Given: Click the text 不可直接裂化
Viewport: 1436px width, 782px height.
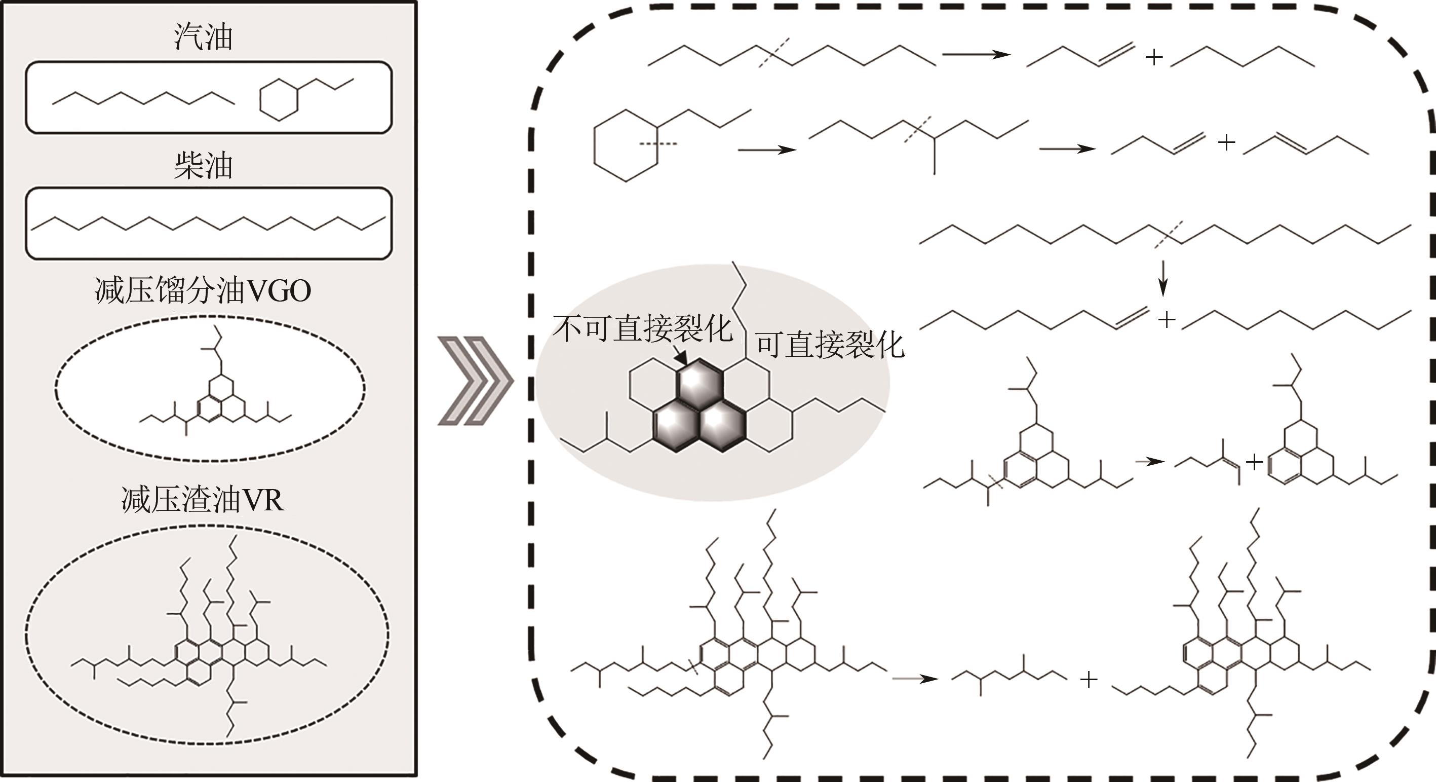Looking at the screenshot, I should (642, 328).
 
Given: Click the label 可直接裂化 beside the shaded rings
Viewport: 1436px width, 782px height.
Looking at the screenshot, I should (830, 345).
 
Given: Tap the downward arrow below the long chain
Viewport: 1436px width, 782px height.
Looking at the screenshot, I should (1162, 279).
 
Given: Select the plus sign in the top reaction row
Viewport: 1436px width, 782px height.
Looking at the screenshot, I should (1153, 57).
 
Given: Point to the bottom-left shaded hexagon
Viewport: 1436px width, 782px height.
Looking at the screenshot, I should (677, 426).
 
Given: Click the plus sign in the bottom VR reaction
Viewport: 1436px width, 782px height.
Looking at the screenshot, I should (1089, 679).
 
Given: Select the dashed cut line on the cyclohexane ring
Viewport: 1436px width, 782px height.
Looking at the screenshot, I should (658, 144).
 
